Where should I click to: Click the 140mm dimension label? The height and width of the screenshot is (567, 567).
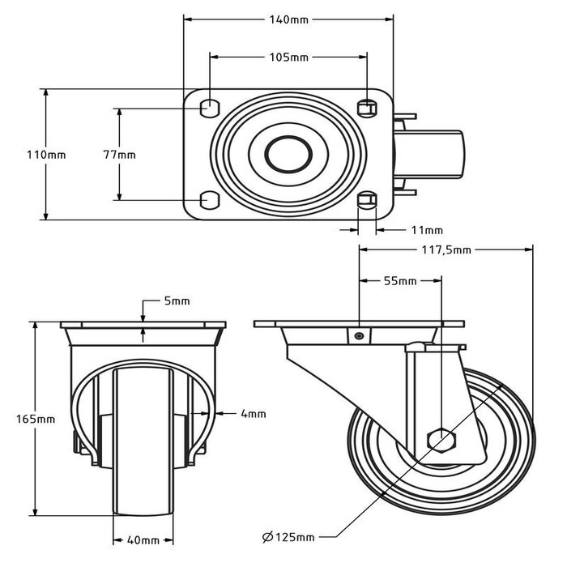point(288,17)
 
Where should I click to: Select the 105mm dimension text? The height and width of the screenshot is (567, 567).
point(288,58)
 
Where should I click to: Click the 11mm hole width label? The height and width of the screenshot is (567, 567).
point(421,230)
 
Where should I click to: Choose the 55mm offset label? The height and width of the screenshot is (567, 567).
point(399,281)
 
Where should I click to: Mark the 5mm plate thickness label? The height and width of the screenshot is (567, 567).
point(177,301)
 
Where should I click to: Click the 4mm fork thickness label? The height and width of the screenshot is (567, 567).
point(253,414)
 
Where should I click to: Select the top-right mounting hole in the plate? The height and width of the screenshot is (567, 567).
point(367,106)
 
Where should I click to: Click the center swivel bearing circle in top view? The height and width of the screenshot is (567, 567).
point(288,153)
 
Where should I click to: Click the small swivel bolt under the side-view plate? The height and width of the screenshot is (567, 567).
point(358,336)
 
